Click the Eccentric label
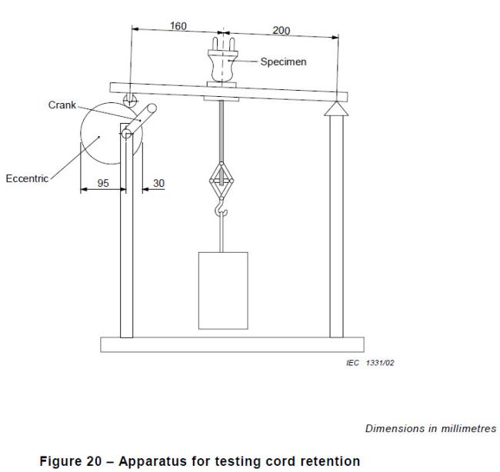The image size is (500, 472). click(x=29, y=178)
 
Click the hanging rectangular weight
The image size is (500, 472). click(x=223, y=290)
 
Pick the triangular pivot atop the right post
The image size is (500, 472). click(x=336, y=108)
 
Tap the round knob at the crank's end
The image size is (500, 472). click(x=153, y=109)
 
